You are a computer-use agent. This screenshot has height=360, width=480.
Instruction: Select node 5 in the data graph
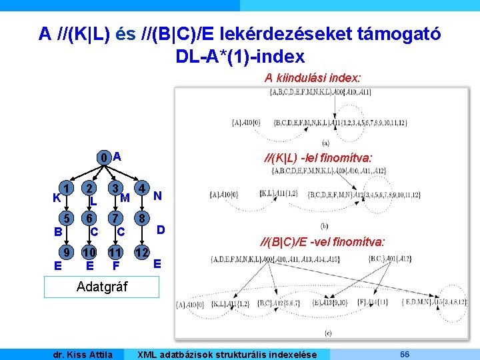coord(65,219)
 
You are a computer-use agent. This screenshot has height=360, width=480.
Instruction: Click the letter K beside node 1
coord(56,198)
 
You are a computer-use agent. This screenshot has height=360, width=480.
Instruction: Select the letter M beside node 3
coord(125,197)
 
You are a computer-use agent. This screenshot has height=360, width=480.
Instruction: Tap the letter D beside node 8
coord(161,230)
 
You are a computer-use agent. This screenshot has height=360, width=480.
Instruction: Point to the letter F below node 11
coord(115,265)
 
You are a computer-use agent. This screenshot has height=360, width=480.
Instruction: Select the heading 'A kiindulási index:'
coord(313,78)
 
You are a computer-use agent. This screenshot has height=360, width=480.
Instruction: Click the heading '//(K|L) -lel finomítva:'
coord(318,157)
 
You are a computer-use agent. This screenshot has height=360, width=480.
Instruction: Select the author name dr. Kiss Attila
coord(83,354)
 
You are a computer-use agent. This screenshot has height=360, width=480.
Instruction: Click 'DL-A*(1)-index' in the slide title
coord(240,56)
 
